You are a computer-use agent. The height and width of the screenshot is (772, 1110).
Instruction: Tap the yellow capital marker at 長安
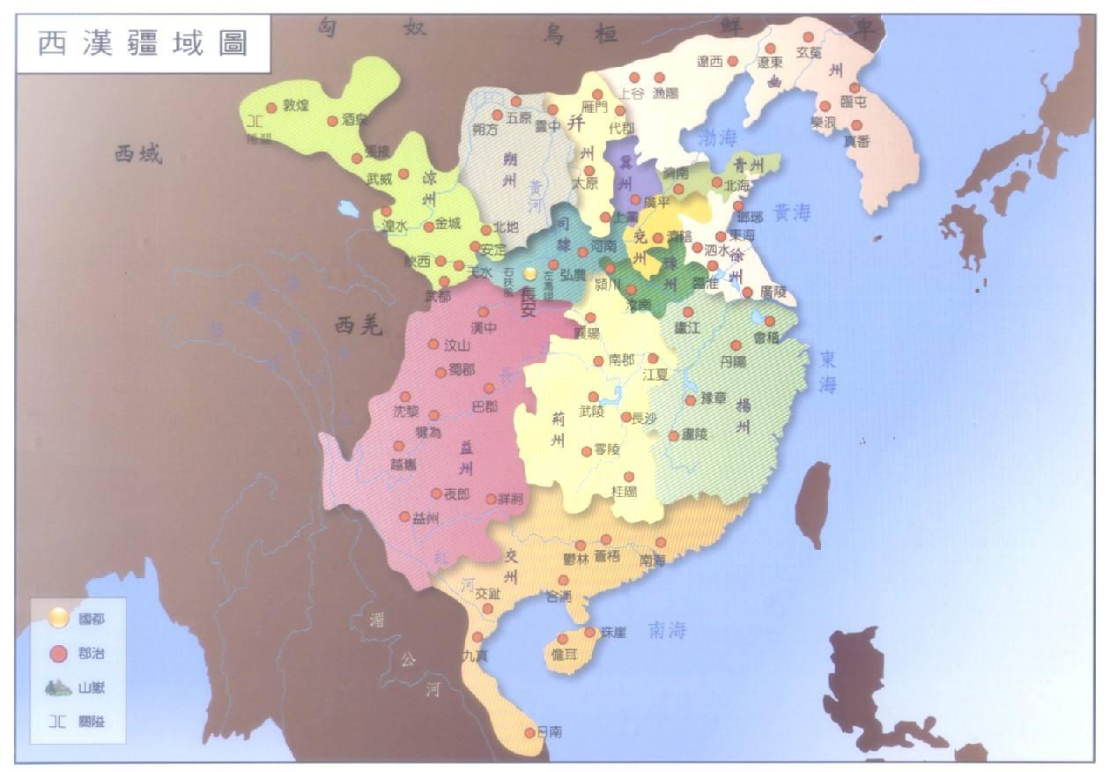coord(529,274)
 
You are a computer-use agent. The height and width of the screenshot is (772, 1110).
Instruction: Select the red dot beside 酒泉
coord(332,121)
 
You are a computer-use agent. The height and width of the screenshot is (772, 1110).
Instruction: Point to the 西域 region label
coord(138,155)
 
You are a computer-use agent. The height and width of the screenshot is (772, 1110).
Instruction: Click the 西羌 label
coord(359,326)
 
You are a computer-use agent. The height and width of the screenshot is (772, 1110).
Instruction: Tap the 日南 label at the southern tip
coord(550,731)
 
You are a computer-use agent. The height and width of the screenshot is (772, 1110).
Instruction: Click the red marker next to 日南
coord(529,731)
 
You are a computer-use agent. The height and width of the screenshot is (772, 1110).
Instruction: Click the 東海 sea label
coord(828,372)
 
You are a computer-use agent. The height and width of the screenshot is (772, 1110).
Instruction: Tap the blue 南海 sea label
coord(668,630)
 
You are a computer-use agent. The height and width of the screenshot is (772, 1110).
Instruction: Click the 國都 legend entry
coord(88,620)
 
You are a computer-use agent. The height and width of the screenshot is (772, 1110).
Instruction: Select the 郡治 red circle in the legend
coord(58,654)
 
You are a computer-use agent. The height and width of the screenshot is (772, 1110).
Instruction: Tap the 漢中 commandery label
coord(485,328)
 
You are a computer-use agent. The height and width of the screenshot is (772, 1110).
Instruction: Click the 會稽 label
coord(767,337)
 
